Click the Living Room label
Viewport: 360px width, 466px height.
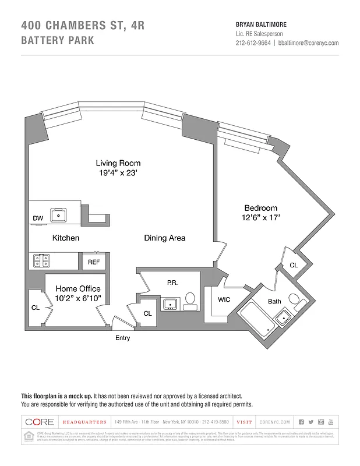point(118,163)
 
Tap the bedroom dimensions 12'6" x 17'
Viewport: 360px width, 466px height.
point(260,218)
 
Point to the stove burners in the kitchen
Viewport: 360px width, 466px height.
point(41,260)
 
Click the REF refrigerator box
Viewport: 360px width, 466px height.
point(94,262)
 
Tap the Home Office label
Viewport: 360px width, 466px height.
point(77,289)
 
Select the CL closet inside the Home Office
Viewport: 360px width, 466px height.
point(36,308)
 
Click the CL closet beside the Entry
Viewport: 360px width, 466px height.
point(147,313)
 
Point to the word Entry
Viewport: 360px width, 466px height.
point(122,338)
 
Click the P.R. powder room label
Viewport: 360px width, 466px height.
point(172,282)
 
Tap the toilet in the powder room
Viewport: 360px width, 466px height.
point(190,301)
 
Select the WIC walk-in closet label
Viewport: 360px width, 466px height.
point(224,299)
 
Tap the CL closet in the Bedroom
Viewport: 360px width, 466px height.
point(293,265)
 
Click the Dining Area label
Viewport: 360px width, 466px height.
point(165,238)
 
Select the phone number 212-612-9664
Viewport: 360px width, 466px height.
point(253,43)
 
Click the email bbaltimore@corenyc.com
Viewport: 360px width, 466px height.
point(308,43)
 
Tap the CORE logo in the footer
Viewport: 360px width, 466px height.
point(40,422)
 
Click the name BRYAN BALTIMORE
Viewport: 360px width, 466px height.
point(260,24)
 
